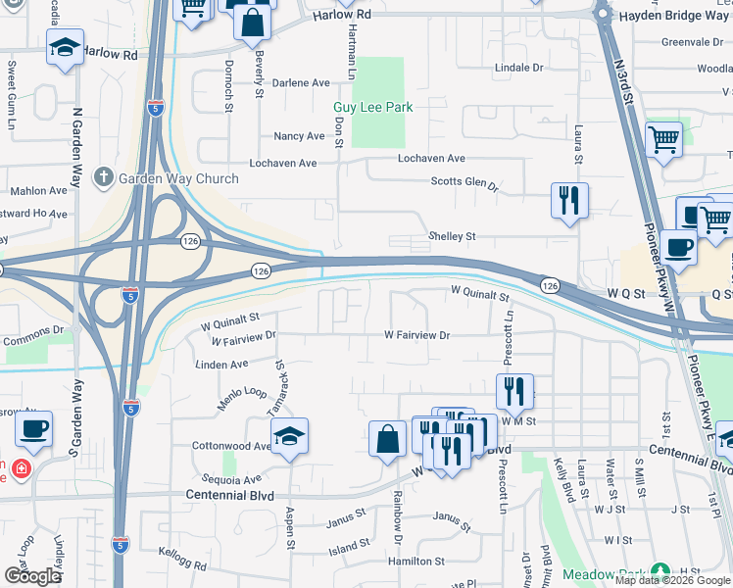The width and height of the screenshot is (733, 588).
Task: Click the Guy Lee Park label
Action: click(373, 107)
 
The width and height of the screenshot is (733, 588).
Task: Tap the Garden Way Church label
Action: click(178, 178)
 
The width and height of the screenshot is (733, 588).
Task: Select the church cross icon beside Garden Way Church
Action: click(103, 178)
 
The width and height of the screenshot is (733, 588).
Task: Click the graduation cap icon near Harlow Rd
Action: click(65, 49)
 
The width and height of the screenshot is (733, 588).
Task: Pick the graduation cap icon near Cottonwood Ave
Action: click(289, 436)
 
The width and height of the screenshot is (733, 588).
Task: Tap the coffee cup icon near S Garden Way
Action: click(34, 429)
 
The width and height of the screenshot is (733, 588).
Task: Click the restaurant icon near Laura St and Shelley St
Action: click(569, 201)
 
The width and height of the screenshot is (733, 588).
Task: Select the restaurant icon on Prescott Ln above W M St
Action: click(514, 393)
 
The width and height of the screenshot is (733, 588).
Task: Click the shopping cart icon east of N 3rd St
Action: click(664, 140)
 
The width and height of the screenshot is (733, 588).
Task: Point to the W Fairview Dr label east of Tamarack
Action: click(416, 335)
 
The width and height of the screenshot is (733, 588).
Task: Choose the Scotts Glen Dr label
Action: click(465, 182)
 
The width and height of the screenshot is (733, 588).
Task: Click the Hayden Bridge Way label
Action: click(676, 15)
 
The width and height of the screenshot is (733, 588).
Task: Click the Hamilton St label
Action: click(416, 562)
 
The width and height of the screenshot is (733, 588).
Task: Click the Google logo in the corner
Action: click(31, 576)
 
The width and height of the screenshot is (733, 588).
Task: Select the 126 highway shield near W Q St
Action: click(550, 285)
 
